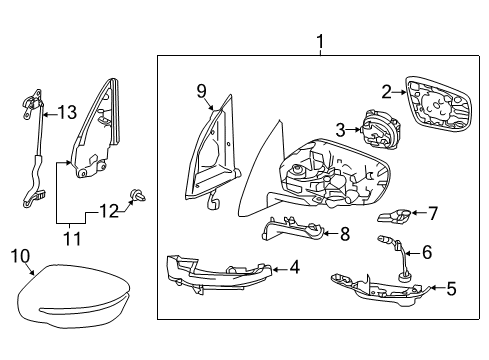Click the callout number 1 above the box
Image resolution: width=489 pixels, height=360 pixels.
(x=320, y=42)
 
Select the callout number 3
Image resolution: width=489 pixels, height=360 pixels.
(x=340, y=129)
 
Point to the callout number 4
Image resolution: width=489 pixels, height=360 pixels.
(x=294, y=267)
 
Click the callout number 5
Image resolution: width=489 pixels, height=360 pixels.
(x=450, y=290)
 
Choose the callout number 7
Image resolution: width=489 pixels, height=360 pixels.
(x=433, y=212)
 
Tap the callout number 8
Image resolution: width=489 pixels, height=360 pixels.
(x=345, y=236)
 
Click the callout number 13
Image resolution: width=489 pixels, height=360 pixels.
(x=66, y=112)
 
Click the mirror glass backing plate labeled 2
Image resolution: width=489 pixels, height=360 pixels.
(x=438, y=105)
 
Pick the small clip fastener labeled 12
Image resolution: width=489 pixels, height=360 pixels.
(x=138, y=196)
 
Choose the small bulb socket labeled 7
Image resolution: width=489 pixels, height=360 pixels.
(x=395, y=215)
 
